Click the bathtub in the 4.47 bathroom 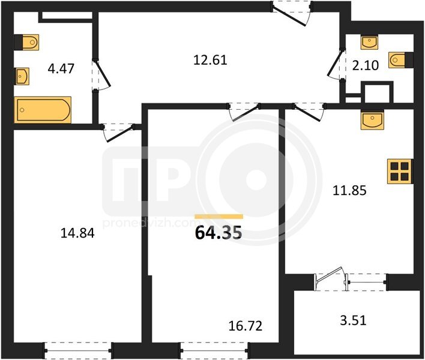(43, 110)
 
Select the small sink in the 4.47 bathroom (22, 76)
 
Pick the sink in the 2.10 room (369, 42)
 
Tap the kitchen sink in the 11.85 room (372, 120)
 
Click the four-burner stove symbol (400, 172)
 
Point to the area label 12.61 (210, 60)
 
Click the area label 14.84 (77, 233)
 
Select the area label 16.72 (246, 326)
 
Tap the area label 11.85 (349, 190)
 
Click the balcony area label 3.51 (353, 320)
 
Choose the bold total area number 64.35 (218, 233)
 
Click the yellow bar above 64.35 (219, 216)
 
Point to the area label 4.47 (61, 68)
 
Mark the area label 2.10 (365, 65)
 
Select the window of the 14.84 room (78, 350)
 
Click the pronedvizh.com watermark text (151, 223)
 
